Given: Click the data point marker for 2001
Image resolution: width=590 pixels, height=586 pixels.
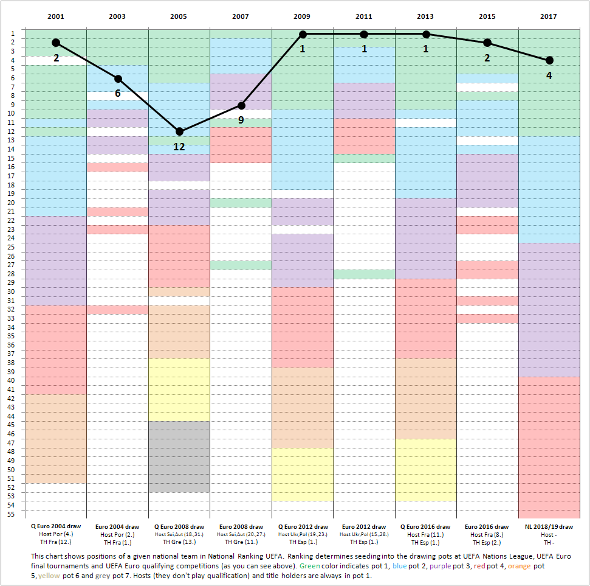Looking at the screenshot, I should (x=56, y=43).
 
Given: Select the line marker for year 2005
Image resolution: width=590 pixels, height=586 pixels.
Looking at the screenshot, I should (x=179, y=131).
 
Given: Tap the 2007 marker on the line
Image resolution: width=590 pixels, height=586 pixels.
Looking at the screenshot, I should (x=241, y=105).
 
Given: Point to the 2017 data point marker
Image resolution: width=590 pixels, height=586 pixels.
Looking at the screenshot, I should (x=549, y=60).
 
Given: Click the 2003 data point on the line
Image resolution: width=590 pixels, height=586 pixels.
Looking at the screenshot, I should (x=118, y=78).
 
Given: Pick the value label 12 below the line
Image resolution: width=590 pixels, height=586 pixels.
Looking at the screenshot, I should (x=179, y=146).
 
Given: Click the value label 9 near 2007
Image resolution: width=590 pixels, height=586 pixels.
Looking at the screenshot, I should (x=241, y=120).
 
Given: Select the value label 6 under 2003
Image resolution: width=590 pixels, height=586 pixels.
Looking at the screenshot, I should (x=118, y=93).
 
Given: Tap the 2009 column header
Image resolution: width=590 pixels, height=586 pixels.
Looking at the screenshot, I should (x=302, y=16).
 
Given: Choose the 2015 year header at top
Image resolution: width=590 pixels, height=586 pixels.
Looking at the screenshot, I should (x=487, y=16).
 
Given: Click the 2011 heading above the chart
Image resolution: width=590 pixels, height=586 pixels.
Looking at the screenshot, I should (x=364, y=16).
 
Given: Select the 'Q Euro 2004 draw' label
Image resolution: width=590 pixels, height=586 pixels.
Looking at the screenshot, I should (x=55, y=526).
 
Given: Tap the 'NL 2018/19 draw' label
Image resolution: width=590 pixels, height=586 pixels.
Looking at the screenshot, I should (x=549, y=526).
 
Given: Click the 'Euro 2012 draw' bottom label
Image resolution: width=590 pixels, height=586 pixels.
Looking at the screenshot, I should (x=364, y=526).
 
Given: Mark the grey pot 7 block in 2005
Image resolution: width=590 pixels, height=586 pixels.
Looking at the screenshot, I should (x=179, y=456).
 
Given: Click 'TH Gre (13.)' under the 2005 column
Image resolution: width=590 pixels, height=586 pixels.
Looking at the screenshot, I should (x=179, y=542).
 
